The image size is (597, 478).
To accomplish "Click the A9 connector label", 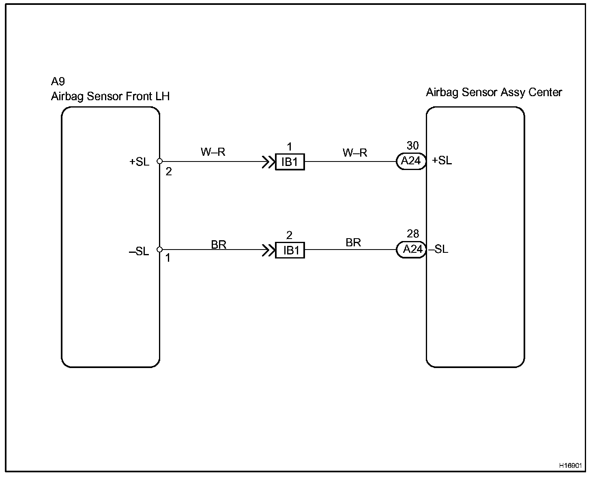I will coord(58,82).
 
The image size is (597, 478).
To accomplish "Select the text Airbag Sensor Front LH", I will coord(110,96).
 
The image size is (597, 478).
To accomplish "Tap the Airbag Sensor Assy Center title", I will coord(494,93).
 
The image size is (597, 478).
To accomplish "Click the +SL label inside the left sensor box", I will coord(139,161).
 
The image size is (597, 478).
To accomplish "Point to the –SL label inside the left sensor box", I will coord(139,252).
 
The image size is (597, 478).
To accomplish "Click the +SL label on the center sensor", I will coord(442,161).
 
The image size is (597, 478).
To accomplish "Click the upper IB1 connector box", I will coord(290,162).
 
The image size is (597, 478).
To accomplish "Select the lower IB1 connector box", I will coord(290,250).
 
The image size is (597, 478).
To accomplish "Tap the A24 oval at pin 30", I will coord(411,161).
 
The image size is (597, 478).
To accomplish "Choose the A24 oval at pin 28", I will coord(411,249).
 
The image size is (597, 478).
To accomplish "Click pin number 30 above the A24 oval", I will coord(412,146).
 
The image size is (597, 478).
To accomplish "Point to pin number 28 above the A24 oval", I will coord(412,234).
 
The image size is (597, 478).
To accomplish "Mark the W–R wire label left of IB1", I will coord(213,152).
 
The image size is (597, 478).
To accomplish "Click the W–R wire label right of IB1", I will coord(355,153).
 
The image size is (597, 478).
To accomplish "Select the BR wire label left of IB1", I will coord(219,245).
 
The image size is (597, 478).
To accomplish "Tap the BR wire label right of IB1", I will coord(353,243).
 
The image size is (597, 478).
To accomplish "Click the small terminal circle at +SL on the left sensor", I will coord(160,161).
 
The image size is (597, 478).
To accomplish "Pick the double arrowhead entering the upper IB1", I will coord(268,162).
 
